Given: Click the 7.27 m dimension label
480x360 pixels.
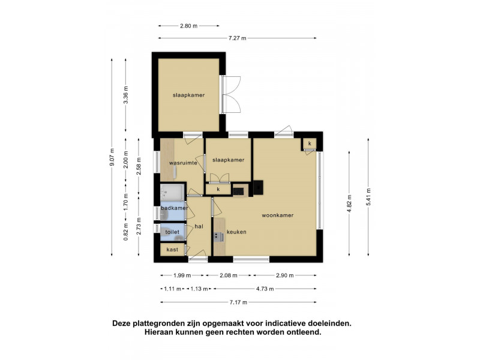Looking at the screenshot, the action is click(x=237, y=38).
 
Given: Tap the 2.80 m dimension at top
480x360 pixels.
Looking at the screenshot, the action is click(x=188, y=26).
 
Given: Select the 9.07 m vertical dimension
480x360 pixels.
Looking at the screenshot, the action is click(x=112, y=157).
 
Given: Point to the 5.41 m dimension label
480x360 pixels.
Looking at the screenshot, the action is click(x=368, y=197).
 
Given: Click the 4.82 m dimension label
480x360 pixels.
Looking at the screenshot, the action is click(x=349, y=203).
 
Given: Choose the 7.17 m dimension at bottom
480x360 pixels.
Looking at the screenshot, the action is click(x=238, y=302).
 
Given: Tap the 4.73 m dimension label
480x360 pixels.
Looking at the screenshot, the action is click(x=265, y=289).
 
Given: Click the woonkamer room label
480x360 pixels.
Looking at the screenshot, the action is click(x=277, y=215).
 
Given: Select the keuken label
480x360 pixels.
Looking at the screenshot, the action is click(x=236, y=232).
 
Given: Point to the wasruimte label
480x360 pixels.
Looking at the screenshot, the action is click(x=183, y=163).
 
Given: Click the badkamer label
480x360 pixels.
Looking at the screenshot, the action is click(x=175, y=208).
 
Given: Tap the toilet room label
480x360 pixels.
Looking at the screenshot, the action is click(x=172, y=232).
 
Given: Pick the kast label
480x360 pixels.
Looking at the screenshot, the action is click(x=172, y=250).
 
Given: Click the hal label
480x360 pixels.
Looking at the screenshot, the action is click(x=199, y=227).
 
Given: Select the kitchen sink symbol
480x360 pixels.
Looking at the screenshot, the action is click(x=218, y=236).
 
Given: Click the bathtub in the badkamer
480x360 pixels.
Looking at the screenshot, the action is click(x=172, y=193).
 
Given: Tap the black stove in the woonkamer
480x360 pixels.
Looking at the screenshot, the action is click(x=258, y=187).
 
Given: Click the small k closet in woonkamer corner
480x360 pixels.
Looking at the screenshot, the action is click(x=310, y=143).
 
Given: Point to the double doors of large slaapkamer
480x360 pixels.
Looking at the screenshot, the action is click(x=231, y=94).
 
